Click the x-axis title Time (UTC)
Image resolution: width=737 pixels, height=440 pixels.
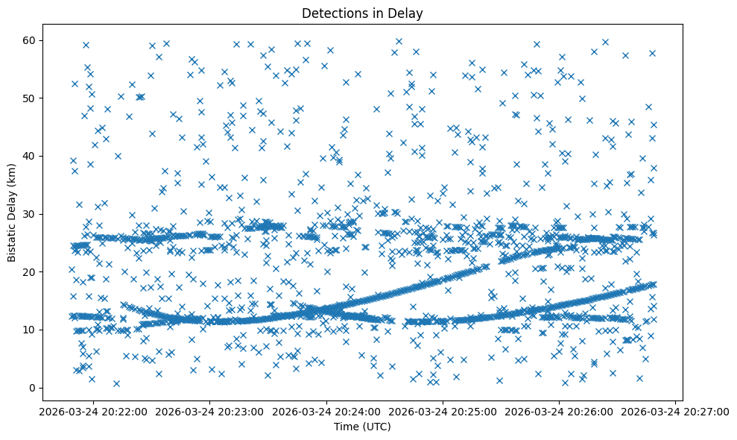pyautogui.click(x=361, y=427)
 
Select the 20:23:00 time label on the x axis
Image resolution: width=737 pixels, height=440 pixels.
pyautogui.click(x=209, y=412)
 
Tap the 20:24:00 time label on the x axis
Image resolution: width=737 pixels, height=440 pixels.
pyautogui.click(x=326, y=412)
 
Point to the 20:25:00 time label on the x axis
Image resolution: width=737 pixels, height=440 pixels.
pyautogui.click(x=443, y=412)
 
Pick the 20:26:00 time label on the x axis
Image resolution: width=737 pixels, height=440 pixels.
pyautogui.click(x=559, y=412)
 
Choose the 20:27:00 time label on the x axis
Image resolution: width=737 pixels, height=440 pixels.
pyautogui.click(x=675, y=412)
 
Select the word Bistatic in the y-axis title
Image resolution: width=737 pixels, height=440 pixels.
pyautogui.click(x=13, y=237)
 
